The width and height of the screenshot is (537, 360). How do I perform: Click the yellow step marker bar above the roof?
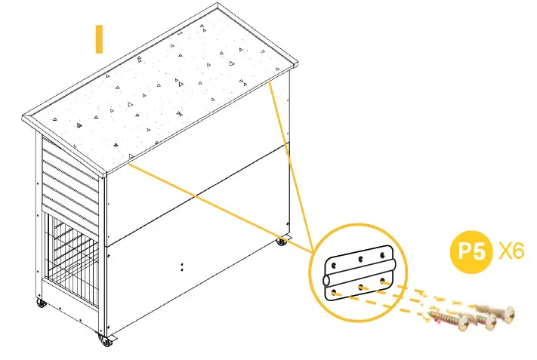click(x=98, y=39)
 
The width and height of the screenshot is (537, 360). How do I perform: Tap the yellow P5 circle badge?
click(x=472, y=251)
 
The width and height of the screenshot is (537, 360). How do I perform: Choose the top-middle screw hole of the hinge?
click(x=360, y=259)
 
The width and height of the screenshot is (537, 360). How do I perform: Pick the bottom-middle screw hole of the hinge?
click(x=362, y=287)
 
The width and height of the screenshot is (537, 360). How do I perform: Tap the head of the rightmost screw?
click(x=505, y=309)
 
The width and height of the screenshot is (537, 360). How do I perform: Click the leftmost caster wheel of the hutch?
click(x=40, y=304)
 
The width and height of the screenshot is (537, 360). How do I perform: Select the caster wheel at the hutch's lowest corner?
click(x=106, y=341)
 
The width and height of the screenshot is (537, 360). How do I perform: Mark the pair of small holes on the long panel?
click(x=183, y=266)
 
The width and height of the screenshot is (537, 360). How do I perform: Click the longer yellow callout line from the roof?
click(x=219, y=208)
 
